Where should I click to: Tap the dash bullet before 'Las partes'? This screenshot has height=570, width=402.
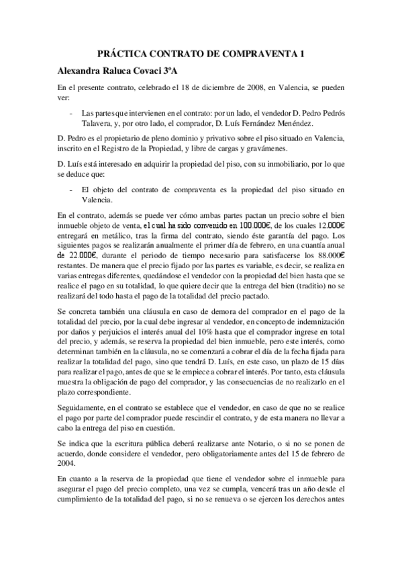click(72, 113)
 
